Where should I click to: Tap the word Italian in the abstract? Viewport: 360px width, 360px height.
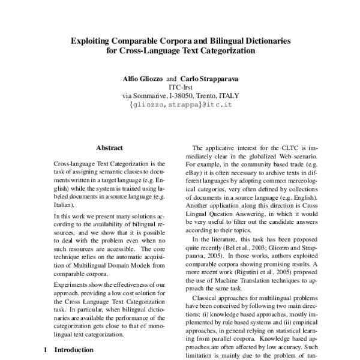64,204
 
